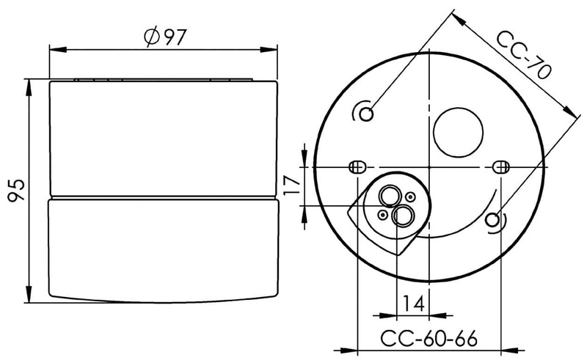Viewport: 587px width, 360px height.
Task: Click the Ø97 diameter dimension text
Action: tap(164, 37)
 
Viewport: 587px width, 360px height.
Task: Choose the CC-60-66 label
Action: tap(429, 339)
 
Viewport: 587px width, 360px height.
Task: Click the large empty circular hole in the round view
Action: tap(458, 133)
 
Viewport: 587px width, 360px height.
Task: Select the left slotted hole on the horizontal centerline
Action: tap(357, 167)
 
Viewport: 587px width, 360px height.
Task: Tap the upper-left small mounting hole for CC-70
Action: tap(368, 113)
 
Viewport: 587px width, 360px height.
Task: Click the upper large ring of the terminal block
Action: tap(389, 195)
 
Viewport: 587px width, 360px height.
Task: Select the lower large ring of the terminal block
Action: tap(401, 216)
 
